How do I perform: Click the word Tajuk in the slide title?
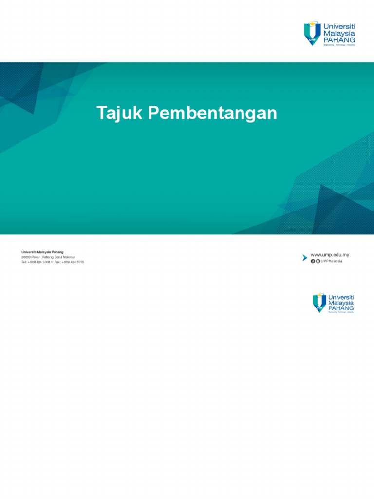click(120, 114)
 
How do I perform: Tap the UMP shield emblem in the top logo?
click(313, 33)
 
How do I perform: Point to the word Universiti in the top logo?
click(339, 25)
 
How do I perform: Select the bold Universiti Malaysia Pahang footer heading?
click(42, 252)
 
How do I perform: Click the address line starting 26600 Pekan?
click(48, 257)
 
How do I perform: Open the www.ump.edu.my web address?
click(330, 255)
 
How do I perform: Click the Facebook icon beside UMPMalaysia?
click(313, 261)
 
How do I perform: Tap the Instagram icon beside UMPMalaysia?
click(318, 261)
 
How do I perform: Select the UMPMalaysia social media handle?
click(332, 261)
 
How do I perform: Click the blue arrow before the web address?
click(305, 257)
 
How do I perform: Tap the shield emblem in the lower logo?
click(319, 303)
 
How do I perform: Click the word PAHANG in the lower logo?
click(341, 308)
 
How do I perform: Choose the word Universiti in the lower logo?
click(341, 297)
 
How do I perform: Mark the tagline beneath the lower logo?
click(341, 312)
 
